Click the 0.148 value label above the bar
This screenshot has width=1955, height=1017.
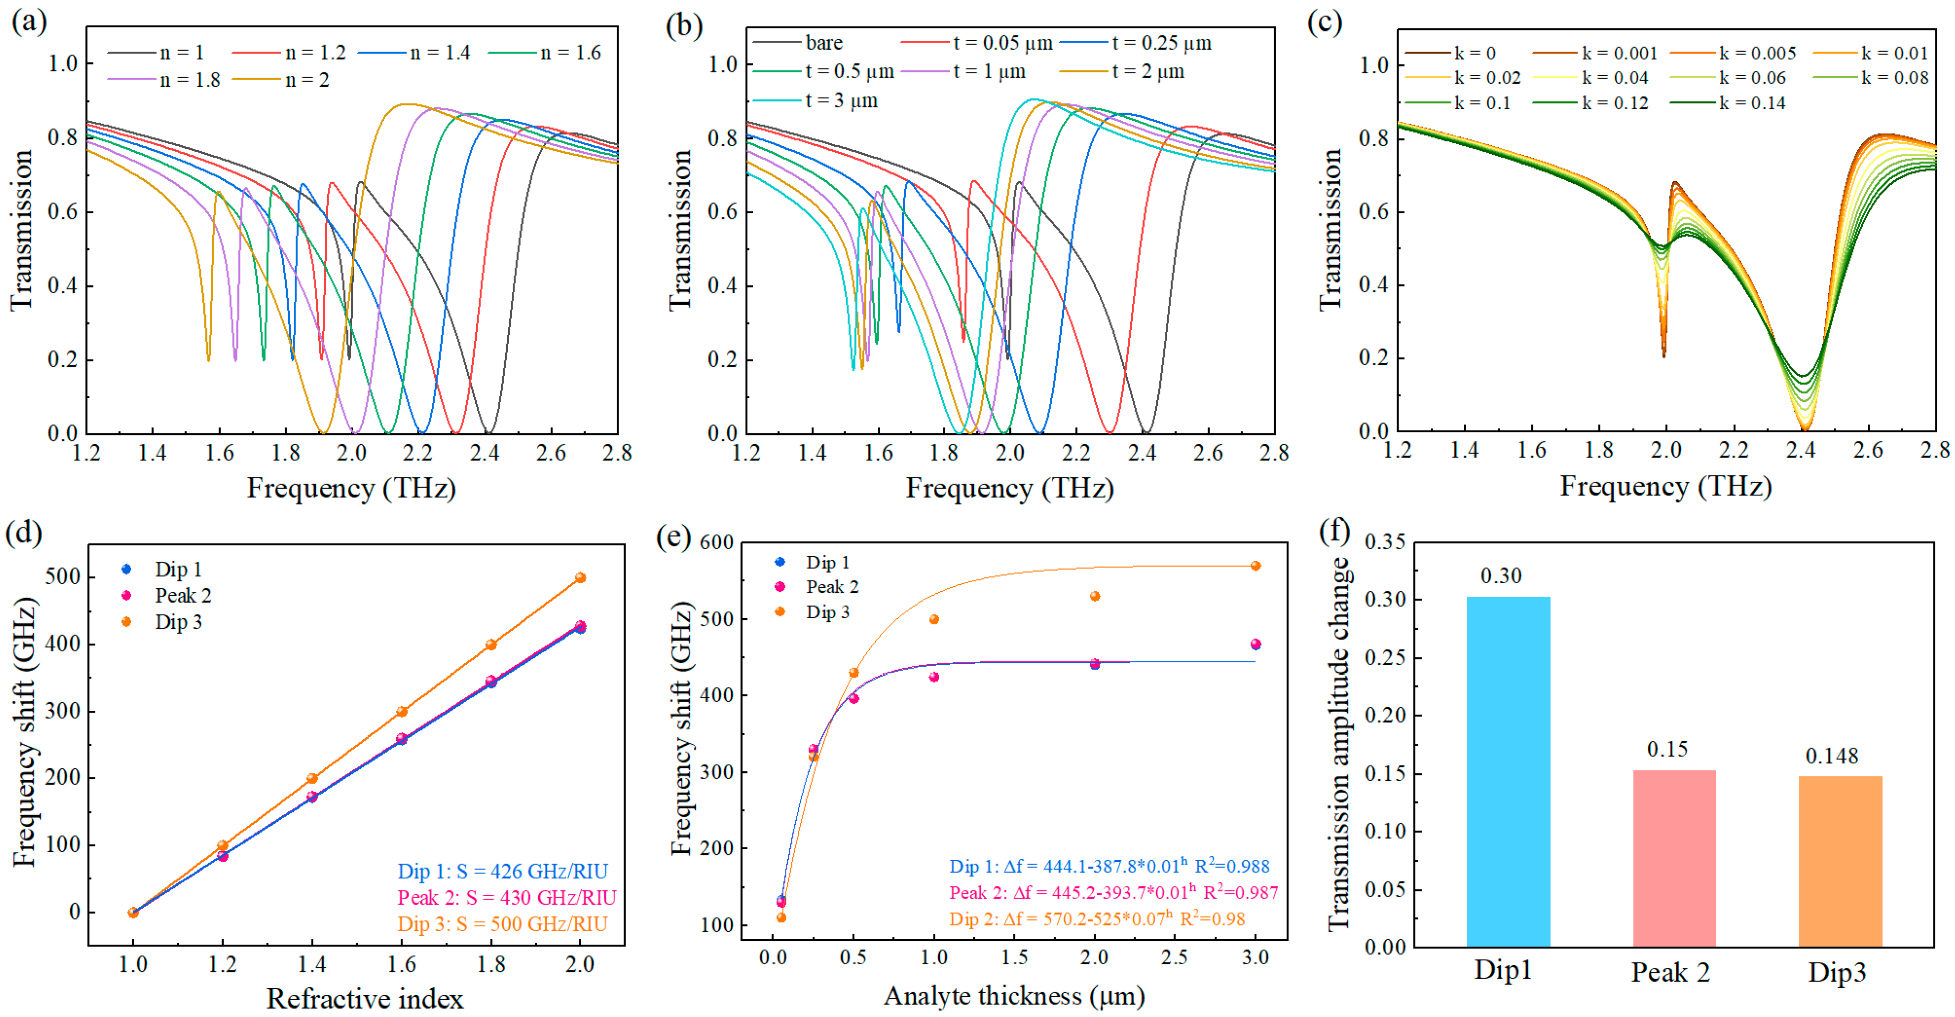tap(1831, 755)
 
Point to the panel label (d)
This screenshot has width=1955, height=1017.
tap(24, 532)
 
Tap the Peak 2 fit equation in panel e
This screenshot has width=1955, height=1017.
tap(1113, 892)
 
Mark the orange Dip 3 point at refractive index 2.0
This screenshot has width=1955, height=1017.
tap(580, 578)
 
